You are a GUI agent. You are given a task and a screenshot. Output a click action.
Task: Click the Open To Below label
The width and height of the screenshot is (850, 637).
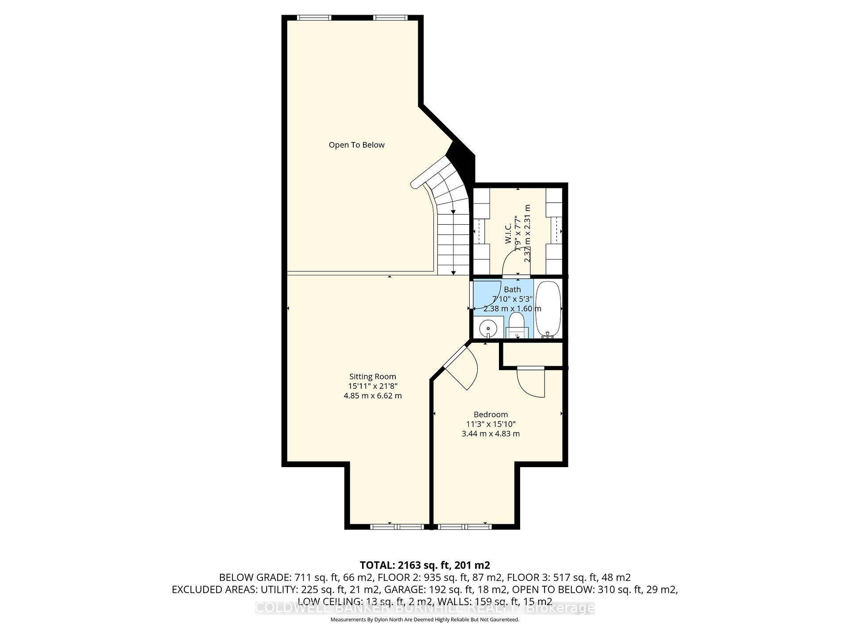click(x=356, y=145)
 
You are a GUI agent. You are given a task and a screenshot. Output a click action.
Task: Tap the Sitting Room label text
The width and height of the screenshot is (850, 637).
click(x=372, y=376)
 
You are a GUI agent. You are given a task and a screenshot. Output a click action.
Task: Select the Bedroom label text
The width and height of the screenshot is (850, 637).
click(x=491, y=414)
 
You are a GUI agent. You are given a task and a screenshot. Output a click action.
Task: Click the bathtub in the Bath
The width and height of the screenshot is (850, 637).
click(x=548, y=310)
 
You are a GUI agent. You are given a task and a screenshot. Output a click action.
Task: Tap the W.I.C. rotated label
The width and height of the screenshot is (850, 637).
click(x=508, y=233)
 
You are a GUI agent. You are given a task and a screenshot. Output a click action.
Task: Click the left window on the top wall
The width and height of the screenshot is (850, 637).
click(x=314, y=18)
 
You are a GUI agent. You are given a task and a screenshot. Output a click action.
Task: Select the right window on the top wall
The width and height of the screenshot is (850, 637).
click(x=390, y=18)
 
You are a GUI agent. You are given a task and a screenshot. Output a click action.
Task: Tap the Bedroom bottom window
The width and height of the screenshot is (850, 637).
click(x=464, y=526)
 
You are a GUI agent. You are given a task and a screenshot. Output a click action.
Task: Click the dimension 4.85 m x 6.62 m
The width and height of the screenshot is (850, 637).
click(x=372, y=396)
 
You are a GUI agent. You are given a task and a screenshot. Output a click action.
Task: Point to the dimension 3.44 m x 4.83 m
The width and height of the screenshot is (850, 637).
click(x=491, y=434)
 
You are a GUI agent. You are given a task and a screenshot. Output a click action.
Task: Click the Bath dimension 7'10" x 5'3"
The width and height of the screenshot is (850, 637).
click(x=512, y=299)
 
